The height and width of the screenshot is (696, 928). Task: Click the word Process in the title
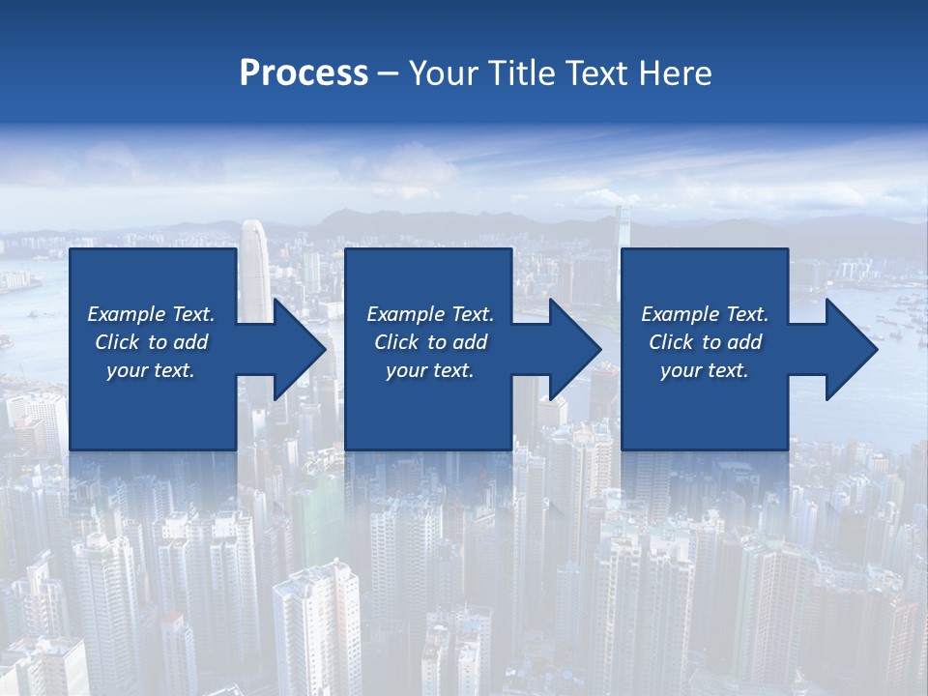coord(304,73)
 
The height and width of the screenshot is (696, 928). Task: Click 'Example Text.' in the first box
coord(151,314)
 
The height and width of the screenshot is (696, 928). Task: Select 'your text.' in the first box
coord(151,370)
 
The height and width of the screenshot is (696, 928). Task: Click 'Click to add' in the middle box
coord(430,342)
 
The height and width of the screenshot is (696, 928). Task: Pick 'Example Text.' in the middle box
coord(430,314)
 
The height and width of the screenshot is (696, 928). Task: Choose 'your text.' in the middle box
coord(430,370)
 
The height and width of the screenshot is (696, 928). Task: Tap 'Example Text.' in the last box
coord(705,314)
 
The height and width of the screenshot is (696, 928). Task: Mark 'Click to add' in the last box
coord(705,342)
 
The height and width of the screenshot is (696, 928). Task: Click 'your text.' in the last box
coord(705,370)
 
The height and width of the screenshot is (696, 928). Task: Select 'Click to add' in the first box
coord(151,342)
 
